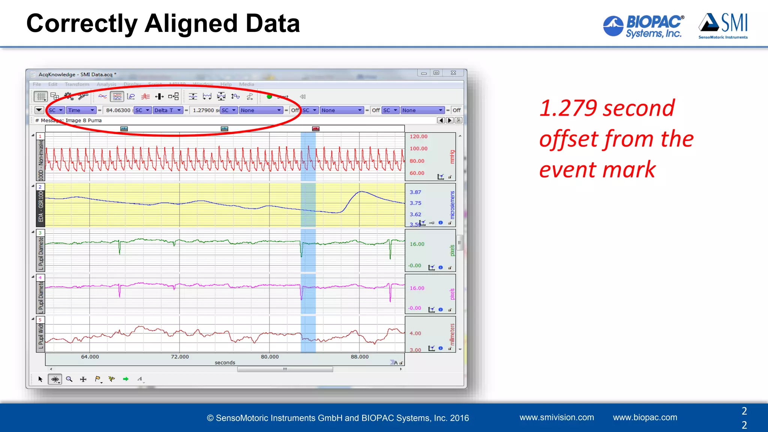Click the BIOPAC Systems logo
[643, 26]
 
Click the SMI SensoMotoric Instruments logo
[723, 25]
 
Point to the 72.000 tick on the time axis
[180, 357]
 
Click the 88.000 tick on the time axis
[360, 357]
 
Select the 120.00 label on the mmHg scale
[418, 136]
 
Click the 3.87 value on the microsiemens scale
[415, 192]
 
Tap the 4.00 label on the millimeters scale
[415, 333]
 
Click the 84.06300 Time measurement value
[118, 110]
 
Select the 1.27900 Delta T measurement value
[204, 110]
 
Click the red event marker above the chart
[316, 129]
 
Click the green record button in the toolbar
[269, 97]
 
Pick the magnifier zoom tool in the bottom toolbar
[69, 379]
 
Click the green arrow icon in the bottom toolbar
[126, 379]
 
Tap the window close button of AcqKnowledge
[453, 73]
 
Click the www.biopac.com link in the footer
[645, 417]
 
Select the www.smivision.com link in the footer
[556, 417]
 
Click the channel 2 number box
[40, 187]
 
